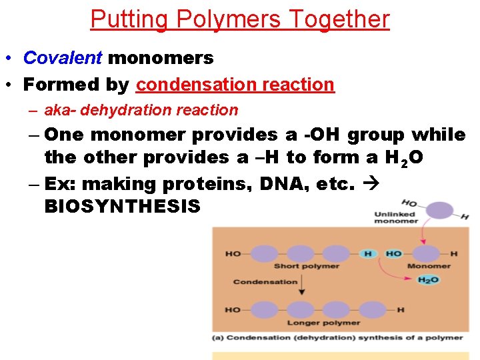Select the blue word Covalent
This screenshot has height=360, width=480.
(x=63, y=58)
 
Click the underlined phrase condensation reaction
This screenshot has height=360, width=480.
(x=235, y=85)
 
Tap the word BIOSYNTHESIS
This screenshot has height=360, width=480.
(x=123, y=206)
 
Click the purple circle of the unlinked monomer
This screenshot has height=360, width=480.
(x=438, y=211)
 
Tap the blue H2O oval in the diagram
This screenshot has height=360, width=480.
(x=429, y=280)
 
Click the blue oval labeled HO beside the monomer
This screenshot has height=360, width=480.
(x=393, y=254)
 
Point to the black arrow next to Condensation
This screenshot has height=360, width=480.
(x=301, y=285)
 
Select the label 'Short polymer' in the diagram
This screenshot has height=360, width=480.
(x=307, y=267)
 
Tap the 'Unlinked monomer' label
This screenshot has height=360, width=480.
(x=395, y=219)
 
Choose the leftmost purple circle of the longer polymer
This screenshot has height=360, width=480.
(x=265, y=310)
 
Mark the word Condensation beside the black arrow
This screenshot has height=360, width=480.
(x=265, y=281)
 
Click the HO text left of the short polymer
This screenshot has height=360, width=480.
(x=233, y=254)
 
